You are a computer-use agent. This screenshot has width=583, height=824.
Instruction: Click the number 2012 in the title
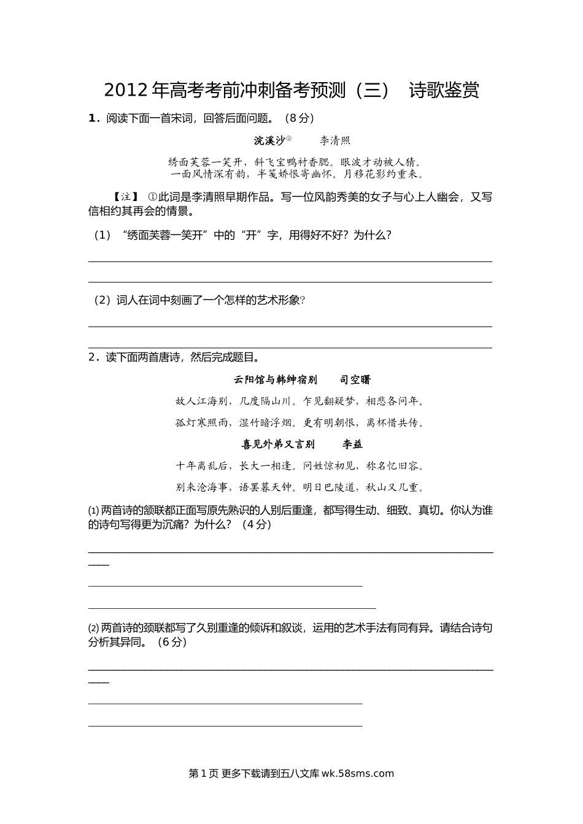pos(126,90)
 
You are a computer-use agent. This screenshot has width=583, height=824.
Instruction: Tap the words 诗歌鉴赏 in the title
pos(444,90)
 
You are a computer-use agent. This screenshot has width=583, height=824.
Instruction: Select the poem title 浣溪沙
pos(269,140)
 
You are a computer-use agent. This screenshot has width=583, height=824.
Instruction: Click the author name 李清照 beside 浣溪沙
pos(335,140)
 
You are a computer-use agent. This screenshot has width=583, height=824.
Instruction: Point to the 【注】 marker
pos(126,197)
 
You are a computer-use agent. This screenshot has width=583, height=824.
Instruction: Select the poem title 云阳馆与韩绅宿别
pos(276,380)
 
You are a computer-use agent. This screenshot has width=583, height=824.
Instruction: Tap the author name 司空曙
pos(355,380)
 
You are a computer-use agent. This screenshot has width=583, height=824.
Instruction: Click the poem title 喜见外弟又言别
pos(278,444)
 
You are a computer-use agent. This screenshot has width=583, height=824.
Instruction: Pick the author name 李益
pos(352,444)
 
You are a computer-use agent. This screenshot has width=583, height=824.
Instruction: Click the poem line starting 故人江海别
pos(299,402)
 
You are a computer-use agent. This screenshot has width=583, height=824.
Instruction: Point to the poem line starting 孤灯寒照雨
pos(299,422)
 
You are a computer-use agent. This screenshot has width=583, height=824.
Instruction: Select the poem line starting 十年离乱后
pos(299,466)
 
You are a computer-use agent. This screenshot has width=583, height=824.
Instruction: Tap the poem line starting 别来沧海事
pos(299,487)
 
